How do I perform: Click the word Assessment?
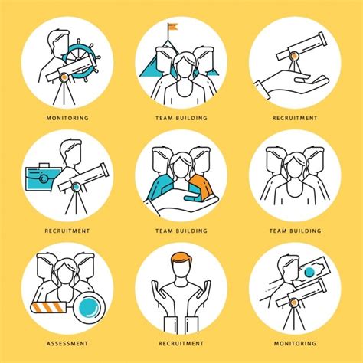click(x=67, y=343)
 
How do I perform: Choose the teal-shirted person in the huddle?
click(x=159, y=184)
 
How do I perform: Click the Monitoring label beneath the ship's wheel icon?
click(x=67, y=119)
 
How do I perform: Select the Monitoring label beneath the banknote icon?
click(x=295, y=343)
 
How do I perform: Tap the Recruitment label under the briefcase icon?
click(x=67, y=231)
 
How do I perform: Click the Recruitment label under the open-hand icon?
click(x=295, y=119)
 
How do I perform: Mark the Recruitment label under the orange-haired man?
click(x=181, y=343)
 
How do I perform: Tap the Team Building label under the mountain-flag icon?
click(x=181, y=119)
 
